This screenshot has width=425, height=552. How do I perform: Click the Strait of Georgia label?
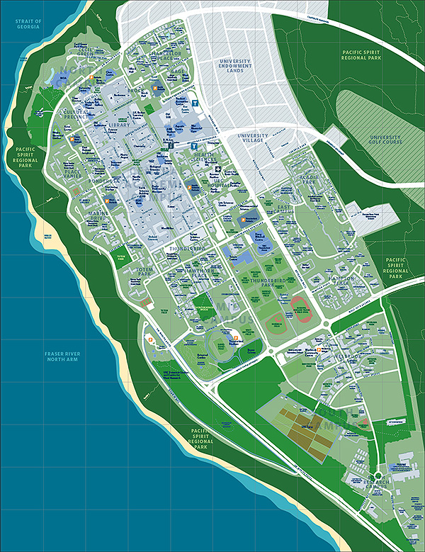click(30, 26)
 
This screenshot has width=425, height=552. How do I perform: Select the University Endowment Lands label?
click(234, 66)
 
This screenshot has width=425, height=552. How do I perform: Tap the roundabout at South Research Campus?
click(378, 476)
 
